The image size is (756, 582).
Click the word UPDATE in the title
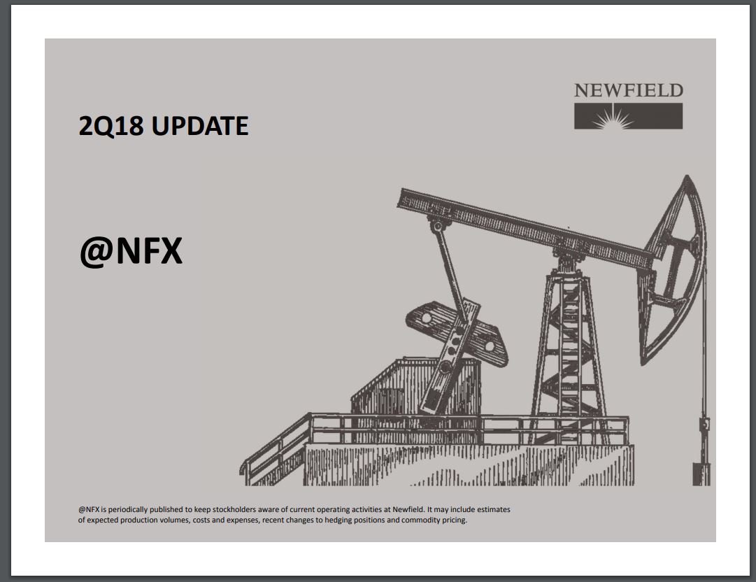coord(199,126)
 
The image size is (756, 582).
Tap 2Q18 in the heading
coord(111,127)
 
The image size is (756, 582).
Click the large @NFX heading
coord(131,250)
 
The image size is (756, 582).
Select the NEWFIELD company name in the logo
coord(628,90)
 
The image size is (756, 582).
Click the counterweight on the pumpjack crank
coord(457,334)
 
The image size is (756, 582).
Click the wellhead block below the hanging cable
coord(702,474)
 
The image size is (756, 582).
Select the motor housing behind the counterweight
coord(415,385)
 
